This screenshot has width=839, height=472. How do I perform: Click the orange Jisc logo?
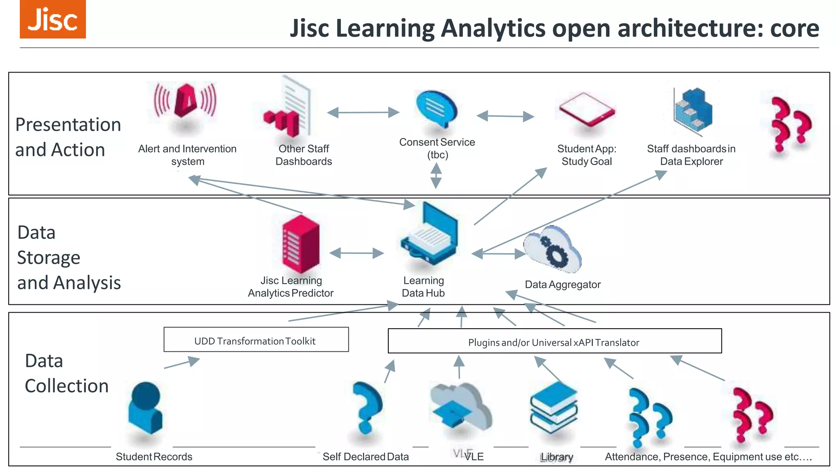(x=53, y=19)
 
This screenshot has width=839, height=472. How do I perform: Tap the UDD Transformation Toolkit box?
(x=256, y=339)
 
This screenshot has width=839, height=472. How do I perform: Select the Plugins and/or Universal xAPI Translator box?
(x=554, y=341)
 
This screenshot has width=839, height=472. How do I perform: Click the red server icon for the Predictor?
(x=300, y=243)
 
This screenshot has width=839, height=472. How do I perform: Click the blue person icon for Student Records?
(x=145, y=408)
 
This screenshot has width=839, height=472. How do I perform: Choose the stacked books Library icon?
(x=553, y=408)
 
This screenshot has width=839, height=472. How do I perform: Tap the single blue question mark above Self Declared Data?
(x=367, y=407)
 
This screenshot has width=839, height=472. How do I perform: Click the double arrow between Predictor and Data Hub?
(x=356, y=253)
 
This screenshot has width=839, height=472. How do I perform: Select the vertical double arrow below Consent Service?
(x=436, y=176)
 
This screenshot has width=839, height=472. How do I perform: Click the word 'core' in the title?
(x=794, y=29)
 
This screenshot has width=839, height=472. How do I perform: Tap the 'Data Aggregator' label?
(x=562, y=284)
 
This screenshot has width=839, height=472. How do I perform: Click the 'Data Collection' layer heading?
(x=66, y=373)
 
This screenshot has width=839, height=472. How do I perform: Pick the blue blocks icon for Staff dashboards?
(x=694, y=111)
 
